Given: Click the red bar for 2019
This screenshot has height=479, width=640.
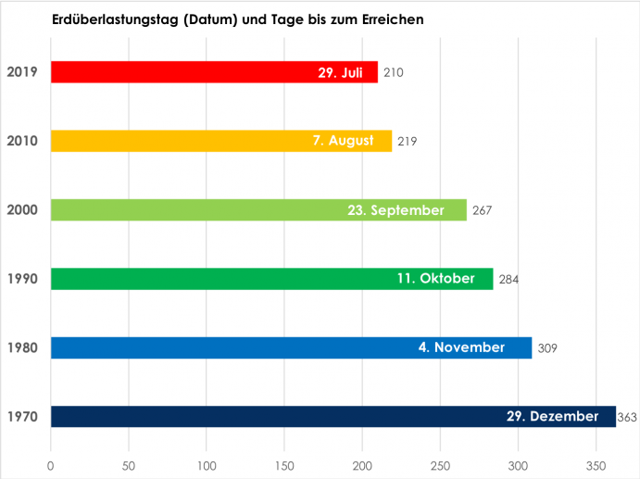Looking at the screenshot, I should coord(167,72).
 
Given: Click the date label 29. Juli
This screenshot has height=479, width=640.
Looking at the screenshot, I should coord(340,72).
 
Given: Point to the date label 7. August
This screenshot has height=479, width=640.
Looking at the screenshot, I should coord(343,141).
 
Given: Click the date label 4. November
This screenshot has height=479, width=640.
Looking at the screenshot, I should coord(461,347).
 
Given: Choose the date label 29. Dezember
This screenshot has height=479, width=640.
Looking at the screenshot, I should coord(553,417).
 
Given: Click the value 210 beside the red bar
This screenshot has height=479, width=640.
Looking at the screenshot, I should coord(393,72).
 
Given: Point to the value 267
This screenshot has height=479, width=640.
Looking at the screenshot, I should coord(481,210).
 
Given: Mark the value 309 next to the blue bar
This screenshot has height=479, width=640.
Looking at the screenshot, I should coord(546,348).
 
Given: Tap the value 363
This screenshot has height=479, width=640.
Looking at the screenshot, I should coord(627,418).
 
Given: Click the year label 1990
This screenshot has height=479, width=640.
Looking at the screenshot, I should coord(21,279).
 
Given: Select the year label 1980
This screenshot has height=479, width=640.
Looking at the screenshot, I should coord(21,347).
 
